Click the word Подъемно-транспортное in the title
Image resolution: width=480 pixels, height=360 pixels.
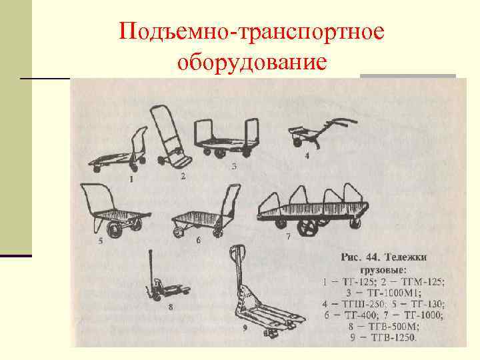click(x=252, y=33)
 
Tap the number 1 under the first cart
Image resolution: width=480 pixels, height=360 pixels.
click(x=131, y=179)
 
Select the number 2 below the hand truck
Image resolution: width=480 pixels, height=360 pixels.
click(x=183, y=177)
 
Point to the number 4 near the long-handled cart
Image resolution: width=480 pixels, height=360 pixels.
click(x=307, y=156)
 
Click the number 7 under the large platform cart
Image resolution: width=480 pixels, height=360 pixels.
click(x=288, y=237)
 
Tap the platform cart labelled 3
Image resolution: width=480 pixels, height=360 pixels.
click(x=223, y=139)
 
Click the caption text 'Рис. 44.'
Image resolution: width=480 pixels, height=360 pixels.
click(x=362, y=257)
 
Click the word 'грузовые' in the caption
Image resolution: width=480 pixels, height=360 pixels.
click(x=385, y=270)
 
